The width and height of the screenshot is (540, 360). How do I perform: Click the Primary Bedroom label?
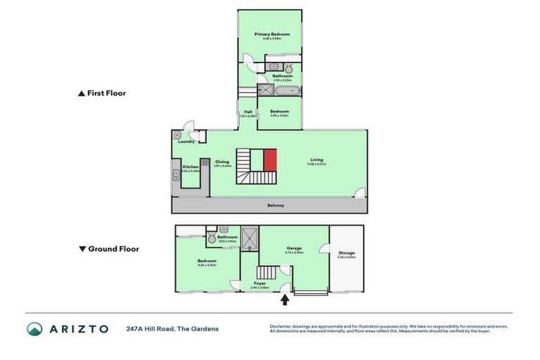271,34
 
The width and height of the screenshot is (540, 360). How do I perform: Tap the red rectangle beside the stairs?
271,160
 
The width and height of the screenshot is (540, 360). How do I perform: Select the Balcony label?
276,205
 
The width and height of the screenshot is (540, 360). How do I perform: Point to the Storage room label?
347,253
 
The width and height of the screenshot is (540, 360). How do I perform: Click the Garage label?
294,247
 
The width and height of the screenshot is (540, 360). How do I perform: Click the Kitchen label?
191,167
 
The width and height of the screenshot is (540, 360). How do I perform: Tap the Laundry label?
186,141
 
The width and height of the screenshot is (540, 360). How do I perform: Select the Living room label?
316,160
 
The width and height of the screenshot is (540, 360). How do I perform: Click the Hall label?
248,111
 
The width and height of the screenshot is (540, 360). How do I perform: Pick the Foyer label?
260,283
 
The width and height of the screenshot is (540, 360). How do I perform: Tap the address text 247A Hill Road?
172,328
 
